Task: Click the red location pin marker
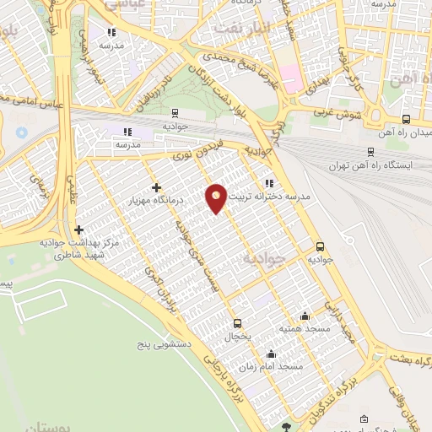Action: coord(216,198)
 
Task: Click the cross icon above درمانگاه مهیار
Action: coord(156,187)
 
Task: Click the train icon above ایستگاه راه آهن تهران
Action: coord(370,149)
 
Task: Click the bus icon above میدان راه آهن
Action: coord(406,120)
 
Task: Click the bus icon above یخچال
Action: coord(237,322)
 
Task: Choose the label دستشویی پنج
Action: coord(166,345)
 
